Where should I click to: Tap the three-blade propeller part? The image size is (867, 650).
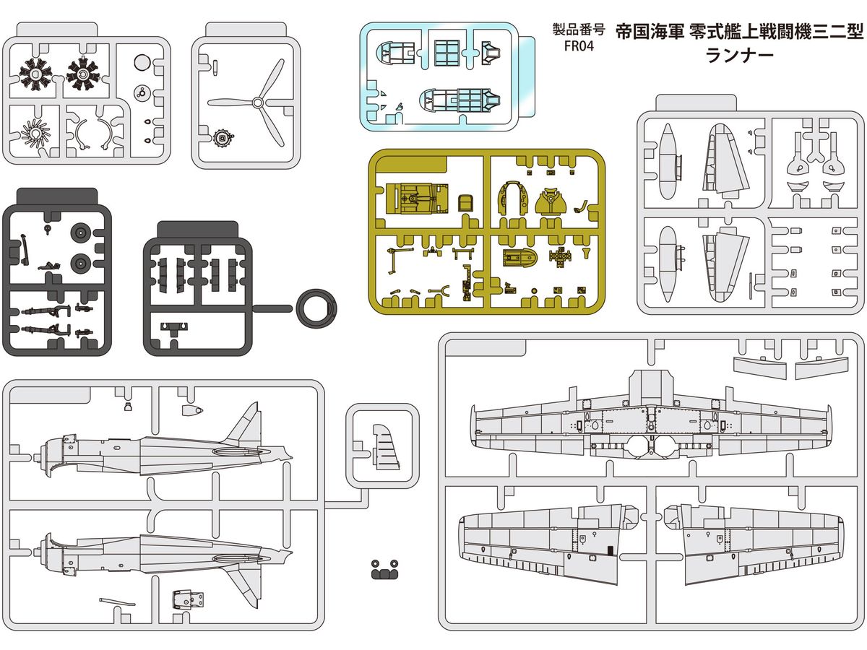(261, 103)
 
